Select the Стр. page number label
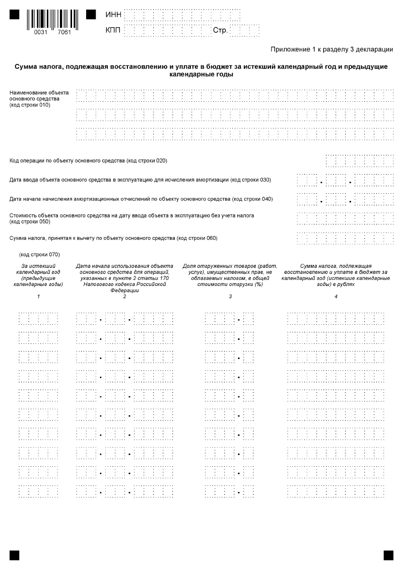tap(220, 31)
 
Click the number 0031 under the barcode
tap(40, 32)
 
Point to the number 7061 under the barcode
tap(64, 32)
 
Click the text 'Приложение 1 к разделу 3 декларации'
tap(331, 49)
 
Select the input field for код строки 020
tap(360, 161)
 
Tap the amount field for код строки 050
tap(345, 218)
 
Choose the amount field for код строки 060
tap(345, 237)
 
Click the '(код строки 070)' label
tap(39, 255)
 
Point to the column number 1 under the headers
tap(38, 296)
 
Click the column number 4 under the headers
tap(335, 296)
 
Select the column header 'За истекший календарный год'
tap(38, 274)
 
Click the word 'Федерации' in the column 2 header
tap(124, 291)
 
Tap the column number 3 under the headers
tap(230, 296)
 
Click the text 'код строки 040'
tap(255, 199)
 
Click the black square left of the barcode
tap(15, 15)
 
